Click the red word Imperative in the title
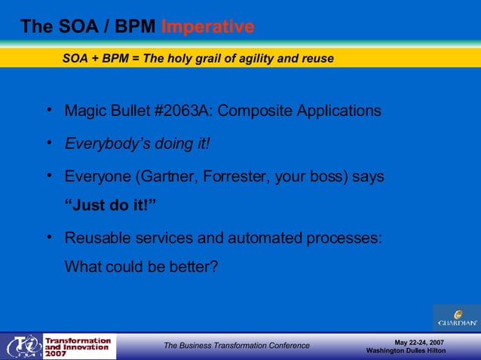[x=207, y=27]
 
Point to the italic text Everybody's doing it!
[x=137, y=144]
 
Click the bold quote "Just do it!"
[x=110, y=206]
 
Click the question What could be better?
[x=141, y=266]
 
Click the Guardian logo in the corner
[x=456, y=317]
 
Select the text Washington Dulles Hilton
[x=411, y=351]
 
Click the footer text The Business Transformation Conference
[x=237, y=346]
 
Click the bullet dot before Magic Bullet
[x=48, y=110]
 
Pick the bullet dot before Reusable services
[x=48, y=237]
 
